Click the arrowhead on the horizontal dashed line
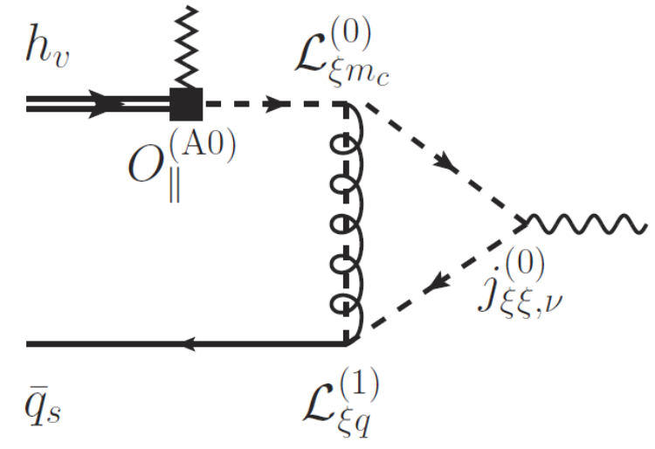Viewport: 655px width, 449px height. tap(278, 104)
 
